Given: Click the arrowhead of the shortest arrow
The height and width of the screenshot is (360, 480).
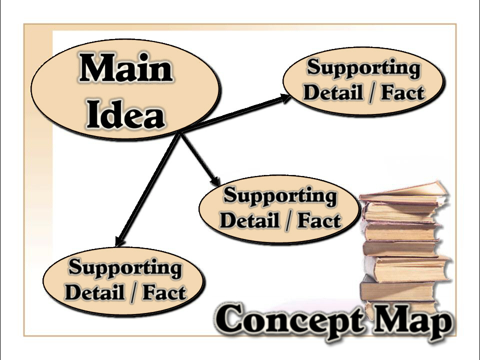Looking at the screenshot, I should tap(216, 181).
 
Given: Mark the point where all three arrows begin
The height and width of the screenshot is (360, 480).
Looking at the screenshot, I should tap(181, 133).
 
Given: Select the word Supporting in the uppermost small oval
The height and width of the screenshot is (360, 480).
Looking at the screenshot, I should tap(363, 68).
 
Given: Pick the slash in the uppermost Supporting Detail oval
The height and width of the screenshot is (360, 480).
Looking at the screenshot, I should tap(371, 93).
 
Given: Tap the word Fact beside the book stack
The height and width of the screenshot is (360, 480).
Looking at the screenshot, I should tap(318, 220).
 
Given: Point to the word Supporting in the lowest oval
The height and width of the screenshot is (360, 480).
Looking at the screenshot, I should tap(125, 267).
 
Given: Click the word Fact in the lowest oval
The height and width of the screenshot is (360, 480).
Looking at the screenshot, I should tap(164, 292).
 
